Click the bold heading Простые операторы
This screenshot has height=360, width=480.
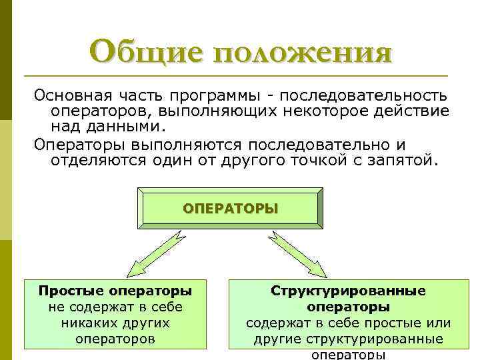tap(115, 291)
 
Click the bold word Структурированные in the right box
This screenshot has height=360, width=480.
tap(349, 291)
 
